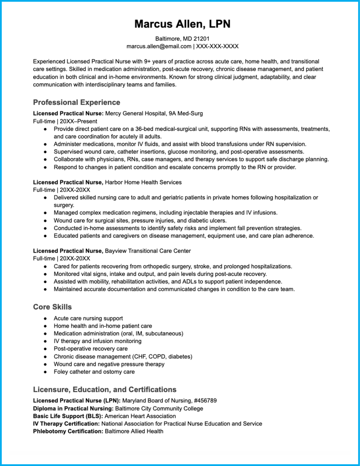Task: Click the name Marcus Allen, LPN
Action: (x=182, y=24)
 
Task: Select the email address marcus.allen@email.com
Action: (x=158, y=46)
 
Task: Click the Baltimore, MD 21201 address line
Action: (x=182, y=39)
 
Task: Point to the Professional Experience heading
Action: (x=76, y=102)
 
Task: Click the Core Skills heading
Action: (x=52, y=307)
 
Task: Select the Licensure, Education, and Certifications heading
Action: (x=104, y=389)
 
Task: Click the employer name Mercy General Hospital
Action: (x=136, y=113)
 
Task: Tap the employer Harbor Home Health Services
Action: (x=143, y=182)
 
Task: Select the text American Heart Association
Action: (x=140, y=416)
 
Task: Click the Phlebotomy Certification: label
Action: (x=68, y=431)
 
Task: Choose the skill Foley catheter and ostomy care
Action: (x=94, y=372)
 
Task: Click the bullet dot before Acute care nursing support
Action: (x=45, y=318)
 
